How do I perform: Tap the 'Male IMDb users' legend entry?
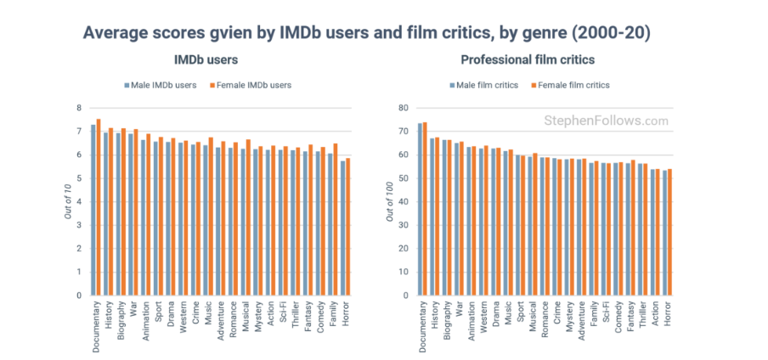[162, 85]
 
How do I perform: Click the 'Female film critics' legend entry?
[572, 85]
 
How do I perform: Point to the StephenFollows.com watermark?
[606, 121]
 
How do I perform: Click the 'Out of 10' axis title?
[68, 201]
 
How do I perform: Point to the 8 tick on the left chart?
[79, 108]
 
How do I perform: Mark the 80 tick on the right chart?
[403, 108]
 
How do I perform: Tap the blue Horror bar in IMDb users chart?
[343, 228]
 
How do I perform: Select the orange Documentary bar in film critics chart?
[425, 208]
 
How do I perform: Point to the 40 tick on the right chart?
[403, 201]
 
